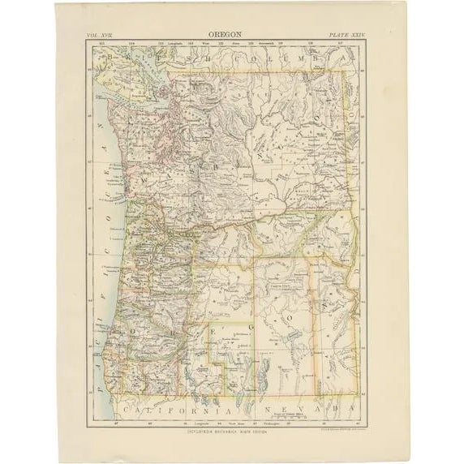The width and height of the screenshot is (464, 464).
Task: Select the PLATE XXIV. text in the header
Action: pos(351,37)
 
